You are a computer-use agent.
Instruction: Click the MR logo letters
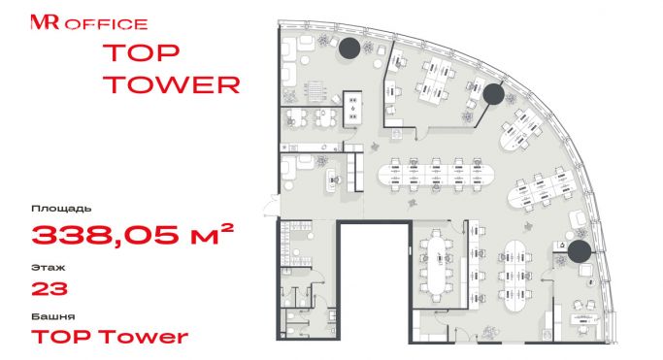[45, 22]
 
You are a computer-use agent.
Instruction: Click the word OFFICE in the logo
[106, 24]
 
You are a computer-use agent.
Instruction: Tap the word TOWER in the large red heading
[172, 84]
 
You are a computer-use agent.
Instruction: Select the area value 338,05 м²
[132, 235]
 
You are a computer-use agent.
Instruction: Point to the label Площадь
[61, 209]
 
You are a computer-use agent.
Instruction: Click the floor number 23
[50, 289]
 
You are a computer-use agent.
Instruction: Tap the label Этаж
[49, 268]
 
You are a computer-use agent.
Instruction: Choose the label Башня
[53, 316]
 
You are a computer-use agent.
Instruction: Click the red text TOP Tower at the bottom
[110, 337]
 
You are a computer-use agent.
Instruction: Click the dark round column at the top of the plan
[349, 48]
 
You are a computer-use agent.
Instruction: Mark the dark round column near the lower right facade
[579, 251]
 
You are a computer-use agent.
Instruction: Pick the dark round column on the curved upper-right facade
[493, 94]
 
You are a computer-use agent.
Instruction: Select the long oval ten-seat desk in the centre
[436, 174]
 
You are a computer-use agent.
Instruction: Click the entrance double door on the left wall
[272, 205]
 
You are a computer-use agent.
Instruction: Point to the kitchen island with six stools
[352, 108]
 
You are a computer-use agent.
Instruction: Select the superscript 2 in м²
[227, 228]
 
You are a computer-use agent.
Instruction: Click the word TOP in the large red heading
[141, 52]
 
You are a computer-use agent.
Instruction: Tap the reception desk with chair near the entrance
[334, 180]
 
